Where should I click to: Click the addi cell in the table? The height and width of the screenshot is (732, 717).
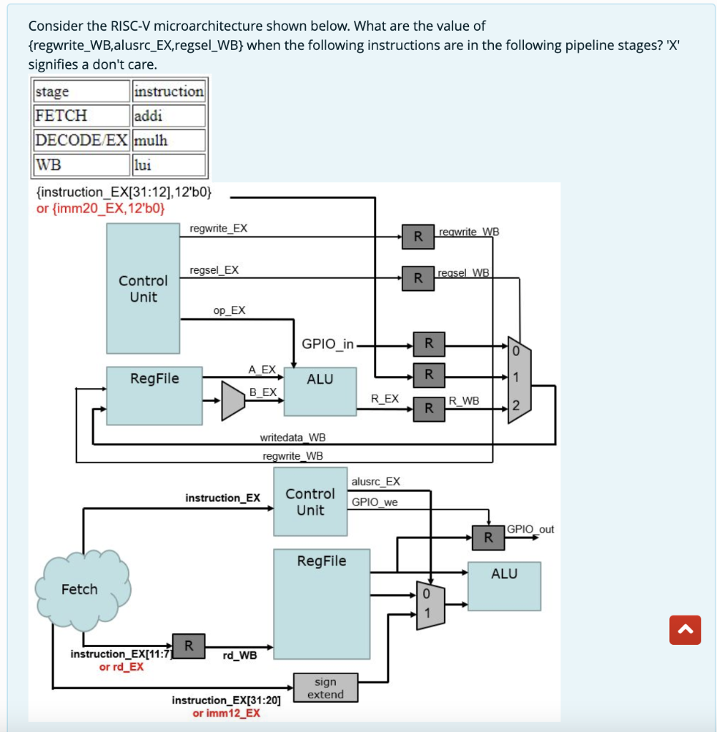[169, 115]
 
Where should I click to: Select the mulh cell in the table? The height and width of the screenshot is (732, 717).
[169, 140]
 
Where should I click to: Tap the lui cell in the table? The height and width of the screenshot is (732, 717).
[169, 165]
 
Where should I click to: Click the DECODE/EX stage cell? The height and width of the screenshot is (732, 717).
[82, 140]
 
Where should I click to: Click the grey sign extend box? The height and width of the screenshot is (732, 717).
[325, 688]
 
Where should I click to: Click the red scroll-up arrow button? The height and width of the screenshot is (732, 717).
[684, 629]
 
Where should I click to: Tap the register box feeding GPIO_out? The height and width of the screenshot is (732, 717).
[488, 537]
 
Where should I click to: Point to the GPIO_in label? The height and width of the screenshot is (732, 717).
[327, 344]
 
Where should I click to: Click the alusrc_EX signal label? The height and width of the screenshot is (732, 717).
[376, 482]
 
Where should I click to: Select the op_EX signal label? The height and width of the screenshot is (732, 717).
[229, 310]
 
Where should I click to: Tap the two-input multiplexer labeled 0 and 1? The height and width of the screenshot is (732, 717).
[430, 605]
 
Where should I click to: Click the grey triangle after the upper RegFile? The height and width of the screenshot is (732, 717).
[233, 400]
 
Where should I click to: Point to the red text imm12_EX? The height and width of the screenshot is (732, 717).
[226, 713]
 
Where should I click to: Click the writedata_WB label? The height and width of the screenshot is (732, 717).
[293, 437]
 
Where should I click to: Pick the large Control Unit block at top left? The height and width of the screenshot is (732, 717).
[143, 288]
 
